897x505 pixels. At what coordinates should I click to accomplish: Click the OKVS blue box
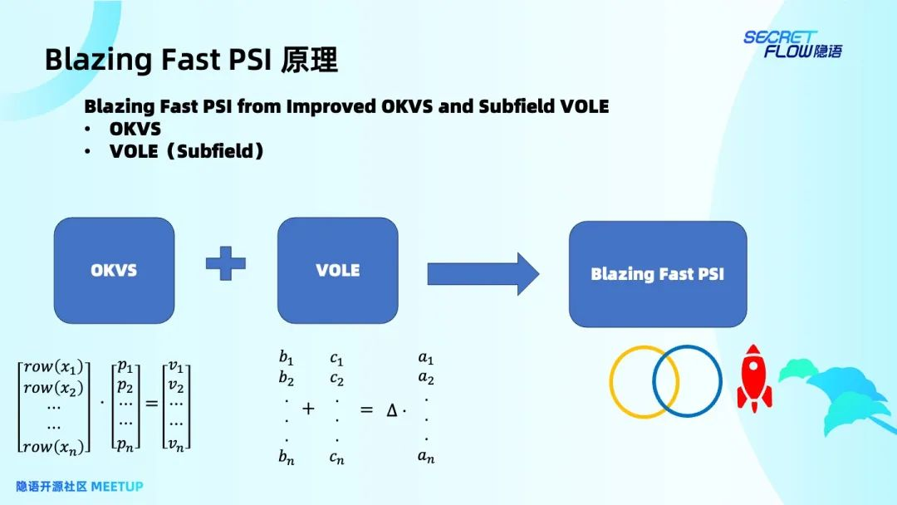(x=115, y=270)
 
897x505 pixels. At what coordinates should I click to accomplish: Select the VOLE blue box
(x=337, y=270)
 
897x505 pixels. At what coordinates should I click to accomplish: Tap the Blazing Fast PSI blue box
(x=657, y=273)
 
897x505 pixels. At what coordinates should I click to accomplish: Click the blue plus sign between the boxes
(x=226, y=264)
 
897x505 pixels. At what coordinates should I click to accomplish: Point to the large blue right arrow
(x=483, y=273)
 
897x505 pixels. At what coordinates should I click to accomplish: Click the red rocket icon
(x=753, y=378)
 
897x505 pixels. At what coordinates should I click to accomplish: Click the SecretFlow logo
(x=792, y=44)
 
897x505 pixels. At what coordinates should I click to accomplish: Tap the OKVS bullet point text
(x=135, y=129)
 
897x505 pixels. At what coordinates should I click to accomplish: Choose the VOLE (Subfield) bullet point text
(x=187, y=151)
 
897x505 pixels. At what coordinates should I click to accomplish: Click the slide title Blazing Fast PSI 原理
(x=191, y=61)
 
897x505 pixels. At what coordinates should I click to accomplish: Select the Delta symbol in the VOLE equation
(x=392, y=409)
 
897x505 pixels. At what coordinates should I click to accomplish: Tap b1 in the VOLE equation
(x=287, y=359)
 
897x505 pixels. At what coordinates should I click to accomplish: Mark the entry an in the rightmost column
(x=426, y=456)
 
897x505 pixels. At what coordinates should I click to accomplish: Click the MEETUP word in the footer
(x=117, y=486)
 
